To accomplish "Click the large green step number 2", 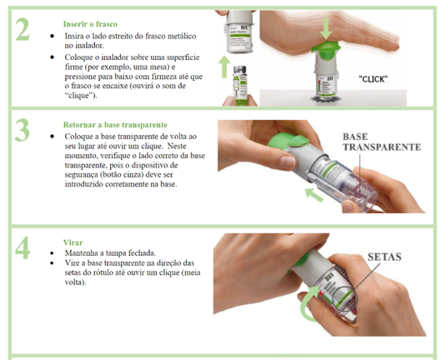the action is point(23,29).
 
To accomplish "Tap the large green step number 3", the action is point(23,130).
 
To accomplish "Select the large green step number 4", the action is point(23,247).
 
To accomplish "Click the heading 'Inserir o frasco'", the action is point(90,24).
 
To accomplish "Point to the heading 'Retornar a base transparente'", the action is point(115,125).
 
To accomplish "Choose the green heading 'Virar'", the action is point(73,242).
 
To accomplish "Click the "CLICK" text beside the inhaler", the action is point(373,79).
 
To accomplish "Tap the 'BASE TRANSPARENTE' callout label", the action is point(382,142).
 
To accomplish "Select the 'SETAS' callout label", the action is point(384,257).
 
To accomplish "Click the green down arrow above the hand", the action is point(326,28).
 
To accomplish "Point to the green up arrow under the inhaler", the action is point(224,67).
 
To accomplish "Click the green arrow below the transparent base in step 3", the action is point(314,195).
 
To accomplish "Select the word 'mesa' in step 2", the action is point(159,67).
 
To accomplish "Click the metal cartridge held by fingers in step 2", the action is point(240,85).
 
